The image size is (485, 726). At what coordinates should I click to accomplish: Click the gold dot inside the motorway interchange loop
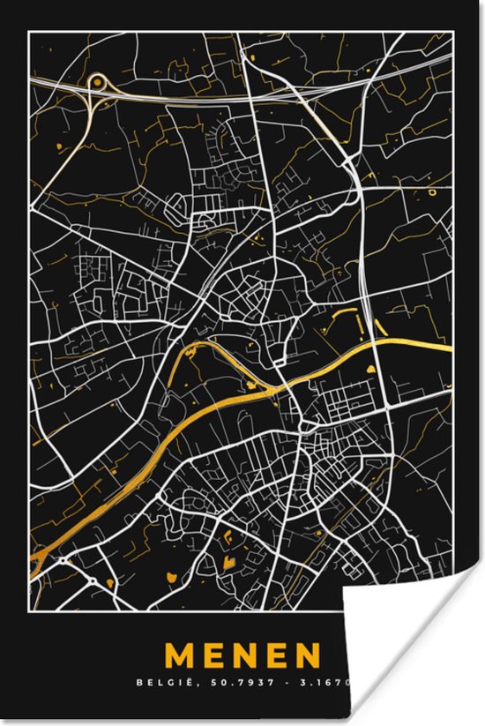click(95, 82)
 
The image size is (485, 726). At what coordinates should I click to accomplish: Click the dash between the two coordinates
click(298, 682)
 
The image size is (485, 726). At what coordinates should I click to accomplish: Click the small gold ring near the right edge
click(431, 191)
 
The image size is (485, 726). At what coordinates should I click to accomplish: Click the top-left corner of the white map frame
click(29, 32)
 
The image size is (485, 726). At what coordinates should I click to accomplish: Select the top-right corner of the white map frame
click(451, 32)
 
